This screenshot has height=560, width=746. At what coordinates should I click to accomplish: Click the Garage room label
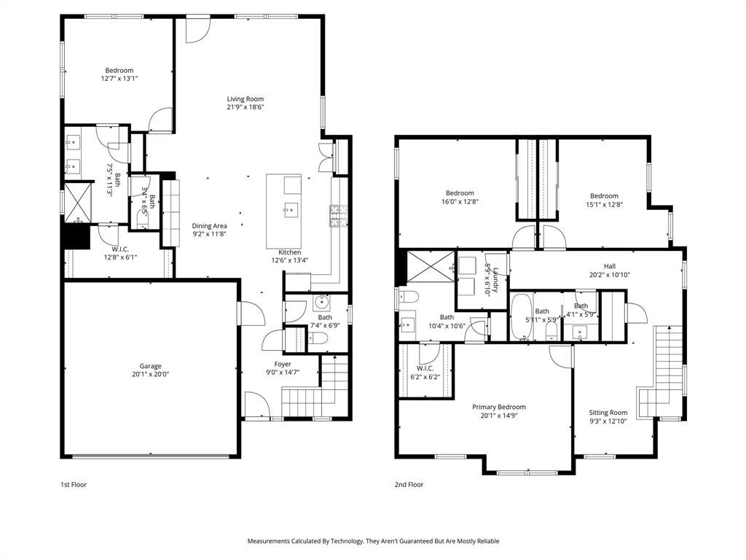tap(151, 366)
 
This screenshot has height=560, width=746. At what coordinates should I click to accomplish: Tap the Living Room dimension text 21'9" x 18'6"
tap(245, 107)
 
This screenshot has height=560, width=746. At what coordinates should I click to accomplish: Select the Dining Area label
tap(209, 226)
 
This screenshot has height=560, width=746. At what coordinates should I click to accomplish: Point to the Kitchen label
tap(289, 252)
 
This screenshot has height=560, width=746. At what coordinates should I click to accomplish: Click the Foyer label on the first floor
tap(283, 364)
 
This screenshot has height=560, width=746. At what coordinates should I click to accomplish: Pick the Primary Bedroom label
tap(498, 407)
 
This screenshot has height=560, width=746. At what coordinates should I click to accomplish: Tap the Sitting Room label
tap(608, 413)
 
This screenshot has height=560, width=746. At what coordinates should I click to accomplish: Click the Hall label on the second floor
tap(609, 266)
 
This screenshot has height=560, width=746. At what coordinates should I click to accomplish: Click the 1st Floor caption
tap(73, 484)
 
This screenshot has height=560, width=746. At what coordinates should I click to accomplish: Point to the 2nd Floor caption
tap(409, 484)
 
